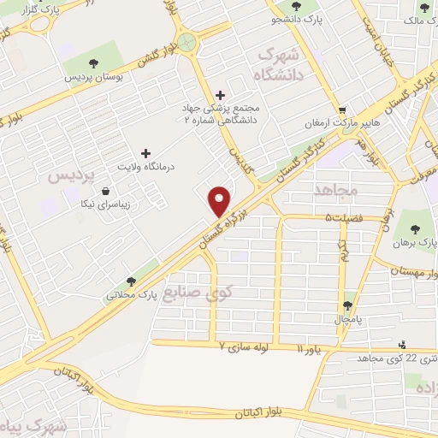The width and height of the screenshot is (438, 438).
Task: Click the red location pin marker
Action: tap(220, 199)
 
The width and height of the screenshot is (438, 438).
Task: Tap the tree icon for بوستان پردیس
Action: tap(94, 63)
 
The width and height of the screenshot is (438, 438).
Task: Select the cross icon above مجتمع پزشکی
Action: tap(221, 94)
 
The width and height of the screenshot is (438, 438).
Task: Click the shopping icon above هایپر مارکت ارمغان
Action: tap(342, 109)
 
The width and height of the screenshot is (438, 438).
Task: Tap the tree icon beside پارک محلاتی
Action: tap(131, 281)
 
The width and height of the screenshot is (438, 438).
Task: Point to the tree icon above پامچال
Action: tap(348, 304)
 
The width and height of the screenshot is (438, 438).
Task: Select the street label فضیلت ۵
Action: tap(341, 218)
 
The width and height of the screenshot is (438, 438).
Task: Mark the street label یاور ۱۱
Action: tap(311, 350)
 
